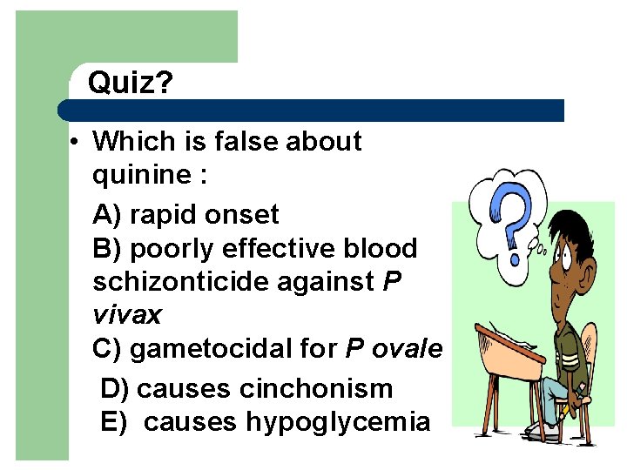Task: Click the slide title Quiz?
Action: click(x=131, y=84)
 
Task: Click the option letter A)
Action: click(x=108, y=214)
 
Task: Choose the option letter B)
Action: click(x=108, y=248)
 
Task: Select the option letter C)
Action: click(x=108, y=349)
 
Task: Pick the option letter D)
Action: click(x=116, y=388)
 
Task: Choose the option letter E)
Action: click(x=115, y=422)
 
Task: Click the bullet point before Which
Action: click(x=78, y=142)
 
